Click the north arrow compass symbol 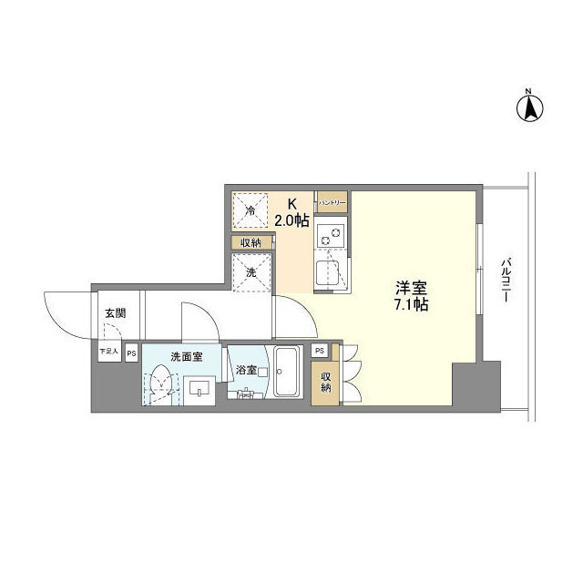pos(529,107)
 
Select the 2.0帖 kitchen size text pos(292,220)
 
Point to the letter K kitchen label pos(292,204)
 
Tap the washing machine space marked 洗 pos(251,271)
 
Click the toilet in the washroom pos(161,382)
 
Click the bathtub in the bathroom pos(288,373)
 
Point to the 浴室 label pos(246,371)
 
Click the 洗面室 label pos(187,356)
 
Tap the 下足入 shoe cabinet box pos(108,351)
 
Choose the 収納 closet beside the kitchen pos(251,242)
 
